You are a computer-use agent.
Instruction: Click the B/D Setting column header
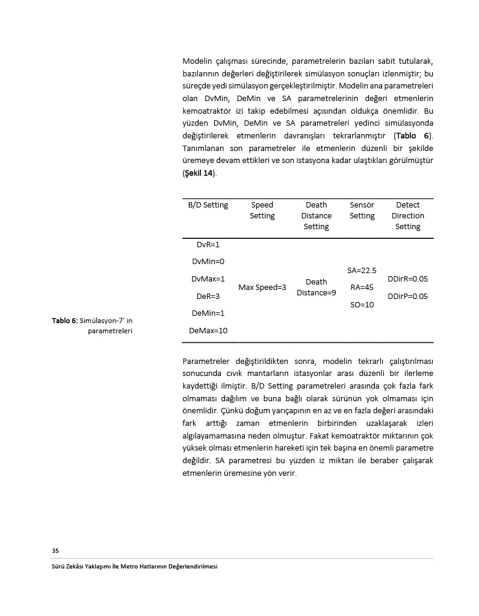(208, 205)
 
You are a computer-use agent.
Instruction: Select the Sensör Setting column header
(362, 211)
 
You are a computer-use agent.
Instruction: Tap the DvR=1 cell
(208, 245)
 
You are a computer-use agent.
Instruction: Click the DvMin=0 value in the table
(208, 262)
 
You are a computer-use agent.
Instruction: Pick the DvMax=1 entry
(208, 279)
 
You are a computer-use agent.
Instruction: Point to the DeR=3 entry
(208, 297)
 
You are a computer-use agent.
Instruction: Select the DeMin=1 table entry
(208, 313)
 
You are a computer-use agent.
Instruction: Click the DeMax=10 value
(208, 331)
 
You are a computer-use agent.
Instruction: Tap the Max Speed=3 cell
(262, 288)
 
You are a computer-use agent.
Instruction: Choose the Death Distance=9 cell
(316, 288)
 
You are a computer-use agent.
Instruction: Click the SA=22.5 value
(362, 271)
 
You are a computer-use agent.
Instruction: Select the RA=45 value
(362, 288)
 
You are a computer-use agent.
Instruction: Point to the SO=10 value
(362, 305)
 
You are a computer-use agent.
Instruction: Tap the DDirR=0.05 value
(407, 279)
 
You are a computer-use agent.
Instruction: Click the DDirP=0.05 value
(407, 297)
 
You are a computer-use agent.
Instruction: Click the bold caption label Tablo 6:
(64, 321)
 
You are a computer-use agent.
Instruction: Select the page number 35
(55, 550)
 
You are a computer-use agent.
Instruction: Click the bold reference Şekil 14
(199, 173)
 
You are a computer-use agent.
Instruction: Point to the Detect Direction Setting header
(407, 216)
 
